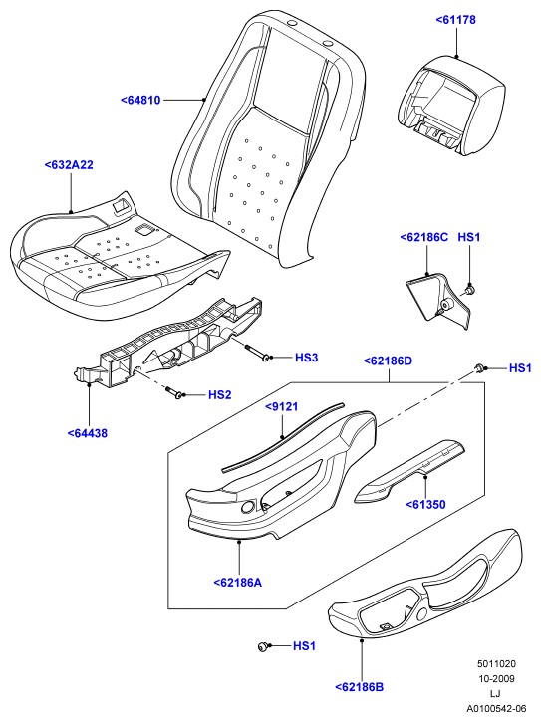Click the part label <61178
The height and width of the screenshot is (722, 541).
pyautogui.click(x=455, y=20)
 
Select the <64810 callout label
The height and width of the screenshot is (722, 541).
pyautogui.click(x=140, y=100)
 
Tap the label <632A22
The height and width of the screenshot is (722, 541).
pyautogui.click(x=69, y=165)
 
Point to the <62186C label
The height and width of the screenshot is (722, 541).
pyautogui.click(x=424, y=237)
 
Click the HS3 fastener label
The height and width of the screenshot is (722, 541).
pyautogui.click(x=306, y=358)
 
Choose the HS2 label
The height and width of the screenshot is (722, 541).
pyautogui.click(x=220, y=394)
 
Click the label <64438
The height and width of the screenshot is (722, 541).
pyautogui.click(x=87, y=433)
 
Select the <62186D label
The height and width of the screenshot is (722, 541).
pyautogui.click(x=388, y=361)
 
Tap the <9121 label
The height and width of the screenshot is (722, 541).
pyautogui.click(x=282, y=406)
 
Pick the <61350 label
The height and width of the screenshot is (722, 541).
pyautogui.click(x=425, y=504)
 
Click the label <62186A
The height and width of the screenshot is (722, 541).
pyautogui.click(x=238, y=583)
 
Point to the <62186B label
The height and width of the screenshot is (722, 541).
pyautogui.click(x=359, y=687)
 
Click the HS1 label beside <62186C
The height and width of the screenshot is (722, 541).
pyautogui.click(x=468, y=237)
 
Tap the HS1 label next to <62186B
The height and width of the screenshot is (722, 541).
pyautogui.click(x=304, y=646)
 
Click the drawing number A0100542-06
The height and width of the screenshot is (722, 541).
pyautogui.click(x=496, y=708)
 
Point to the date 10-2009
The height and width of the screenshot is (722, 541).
pyautogui.click(x=496, y=679)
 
